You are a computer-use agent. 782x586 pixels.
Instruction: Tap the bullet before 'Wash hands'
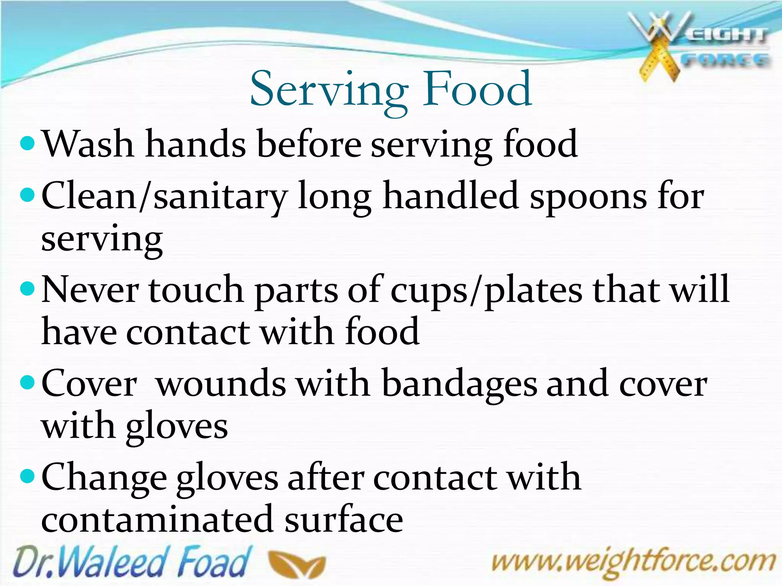pos(27,144)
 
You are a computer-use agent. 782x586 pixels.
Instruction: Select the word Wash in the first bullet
pos(88,144)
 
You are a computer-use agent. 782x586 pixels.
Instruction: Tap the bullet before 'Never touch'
pos(27,289)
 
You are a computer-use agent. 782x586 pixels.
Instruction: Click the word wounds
pos(221,384)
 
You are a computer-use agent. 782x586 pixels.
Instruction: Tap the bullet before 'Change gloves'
pos(27,477)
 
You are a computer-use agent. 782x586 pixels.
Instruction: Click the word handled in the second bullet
pos(451,196)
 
